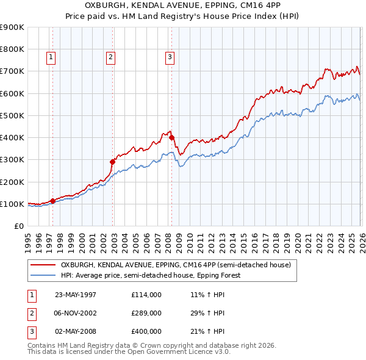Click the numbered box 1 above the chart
point(51,57)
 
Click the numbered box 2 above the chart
point(110,57)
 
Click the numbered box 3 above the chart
point(169,57)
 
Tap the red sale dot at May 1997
point(53,200)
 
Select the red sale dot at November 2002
point(112,162)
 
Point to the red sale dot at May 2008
point(171,137)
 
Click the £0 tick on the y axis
point(18,226)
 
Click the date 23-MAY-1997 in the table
point(76,295)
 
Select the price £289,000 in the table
point(146,313)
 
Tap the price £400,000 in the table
point(146,331)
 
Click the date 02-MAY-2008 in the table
point(76,331)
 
